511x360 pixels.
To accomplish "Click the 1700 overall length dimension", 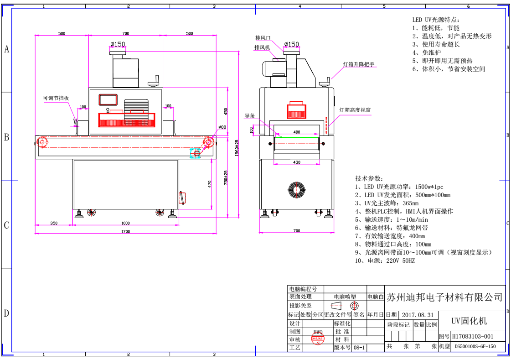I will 125,231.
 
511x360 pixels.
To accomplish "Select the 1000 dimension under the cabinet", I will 125,223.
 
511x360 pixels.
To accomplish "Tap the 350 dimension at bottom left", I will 54,223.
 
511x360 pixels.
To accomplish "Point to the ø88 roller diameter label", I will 222,127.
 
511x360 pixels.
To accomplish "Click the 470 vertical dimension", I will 210,184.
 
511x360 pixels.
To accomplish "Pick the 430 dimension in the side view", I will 297,162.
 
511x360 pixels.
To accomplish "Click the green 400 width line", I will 297,136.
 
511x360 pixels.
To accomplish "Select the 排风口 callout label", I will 263,38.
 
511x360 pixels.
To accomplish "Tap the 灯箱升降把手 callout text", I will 359,64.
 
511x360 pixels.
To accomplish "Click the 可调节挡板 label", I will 56,98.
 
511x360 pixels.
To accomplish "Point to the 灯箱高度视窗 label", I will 355,110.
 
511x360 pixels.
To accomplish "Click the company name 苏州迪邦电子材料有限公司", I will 444,297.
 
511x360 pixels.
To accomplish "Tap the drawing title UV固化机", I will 469,321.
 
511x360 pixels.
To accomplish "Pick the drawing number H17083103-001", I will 473,337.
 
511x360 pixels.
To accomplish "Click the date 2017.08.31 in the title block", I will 418,315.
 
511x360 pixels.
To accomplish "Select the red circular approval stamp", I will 318,339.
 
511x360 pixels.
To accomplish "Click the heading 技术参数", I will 369,178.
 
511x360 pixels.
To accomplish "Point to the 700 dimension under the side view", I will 297,231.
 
